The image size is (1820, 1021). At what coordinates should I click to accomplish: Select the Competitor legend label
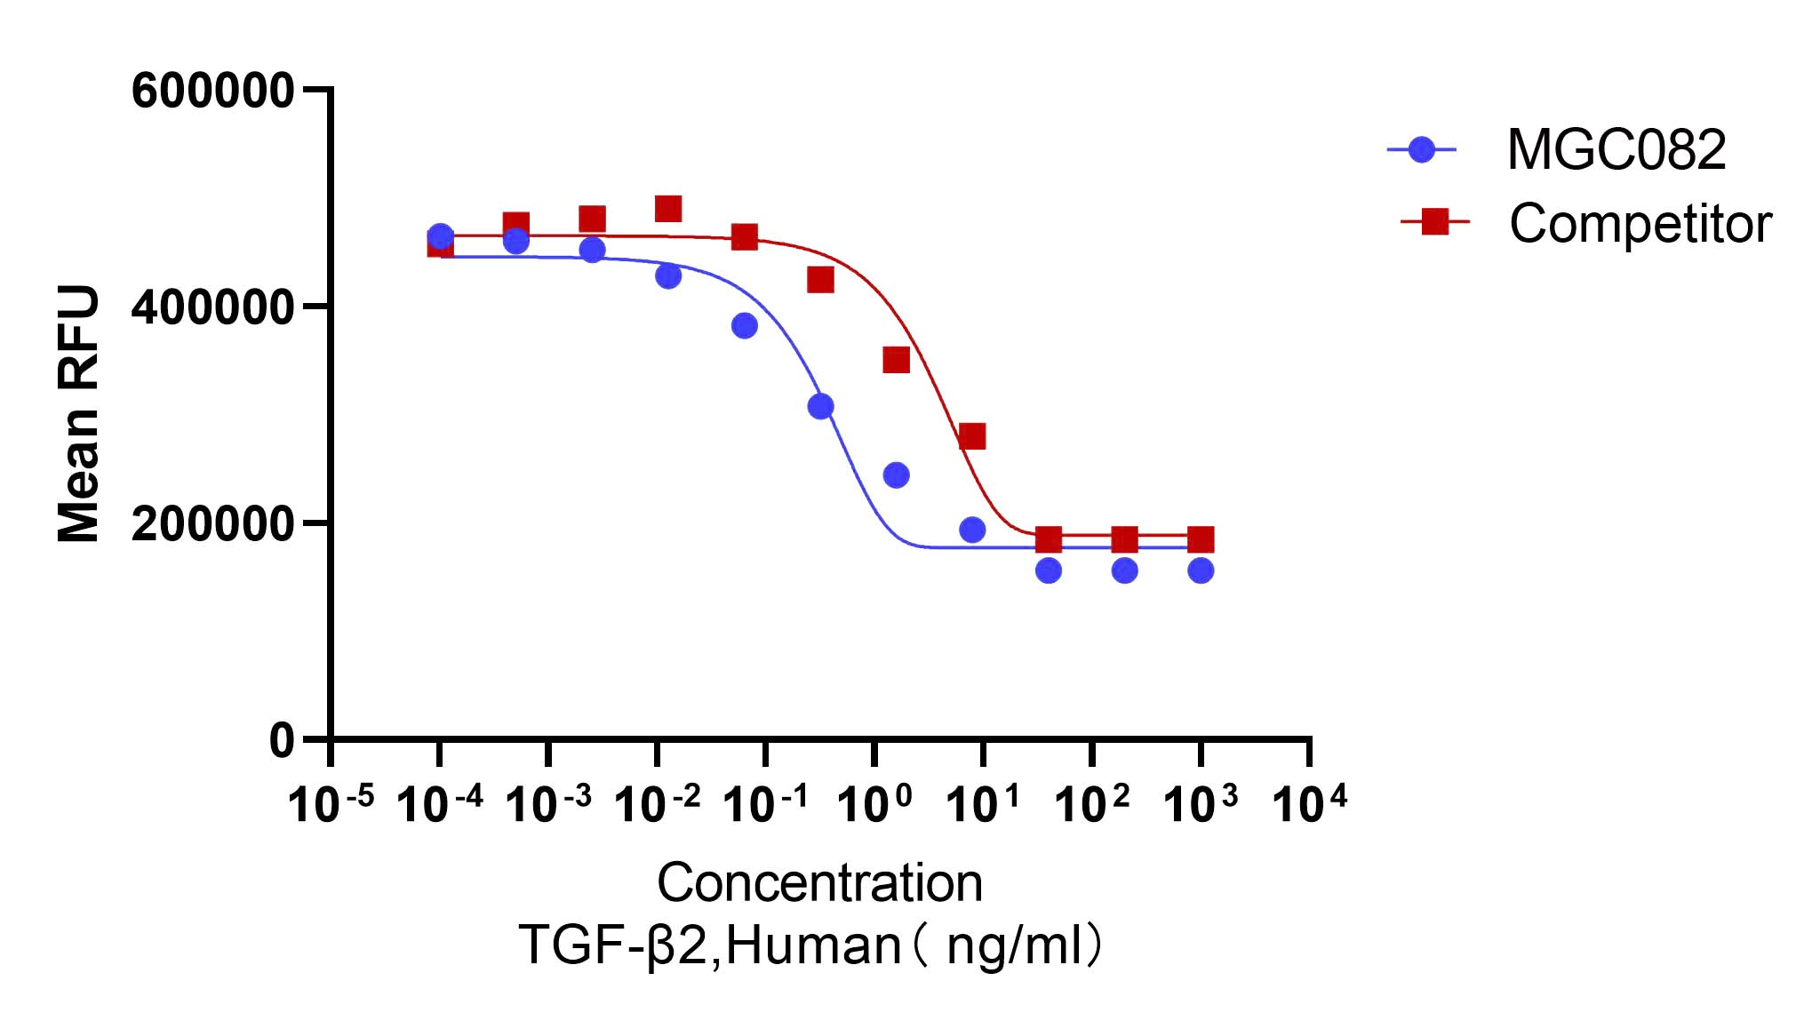(x=1640, y=223)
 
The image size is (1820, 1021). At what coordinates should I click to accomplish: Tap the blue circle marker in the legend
(x=1422, y=149)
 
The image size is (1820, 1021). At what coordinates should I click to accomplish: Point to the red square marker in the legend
(x=1433, y=222)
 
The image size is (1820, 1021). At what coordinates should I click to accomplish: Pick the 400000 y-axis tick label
(x=212, y=307)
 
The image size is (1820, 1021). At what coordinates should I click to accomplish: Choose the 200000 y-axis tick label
(x=212, y=524)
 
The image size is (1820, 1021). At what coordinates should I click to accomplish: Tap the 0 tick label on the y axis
(x=282, y=740)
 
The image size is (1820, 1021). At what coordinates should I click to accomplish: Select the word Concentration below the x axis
(x=819, y=883)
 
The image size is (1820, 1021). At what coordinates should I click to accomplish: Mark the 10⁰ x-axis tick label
(x=874, y=805)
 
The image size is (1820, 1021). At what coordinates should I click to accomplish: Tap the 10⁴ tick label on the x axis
(x=1309, y=805)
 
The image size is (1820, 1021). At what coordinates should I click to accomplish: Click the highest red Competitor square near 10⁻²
(x=668, y=209)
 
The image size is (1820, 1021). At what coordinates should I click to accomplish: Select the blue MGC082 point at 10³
(x=1201, y=570)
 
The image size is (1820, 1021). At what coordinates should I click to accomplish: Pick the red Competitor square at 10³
(x=1201, y=538)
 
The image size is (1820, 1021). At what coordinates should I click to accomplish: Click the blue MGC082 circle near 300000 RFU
(x=820, y=406)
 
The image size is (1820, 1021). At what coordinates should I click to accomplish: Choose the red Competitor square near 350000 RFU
(x=896, y=360)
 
